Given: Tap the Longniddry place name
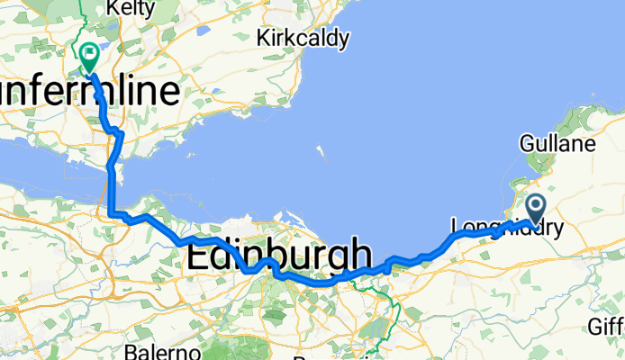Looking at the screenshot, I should pyautogui.click(x=504, y=228).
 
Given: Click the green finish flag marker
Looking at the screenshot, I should pyautogui.click(x=90, y=56).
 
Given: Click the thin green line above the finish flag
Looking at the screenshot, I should pyautogui.click(x=82, y=18).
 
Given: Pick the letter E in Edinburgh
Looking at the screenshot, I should pyautogui.click(x=196, y=256).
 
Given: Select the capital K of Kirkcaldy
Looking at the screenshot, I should pyautogui.click(x=262, y=38).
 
